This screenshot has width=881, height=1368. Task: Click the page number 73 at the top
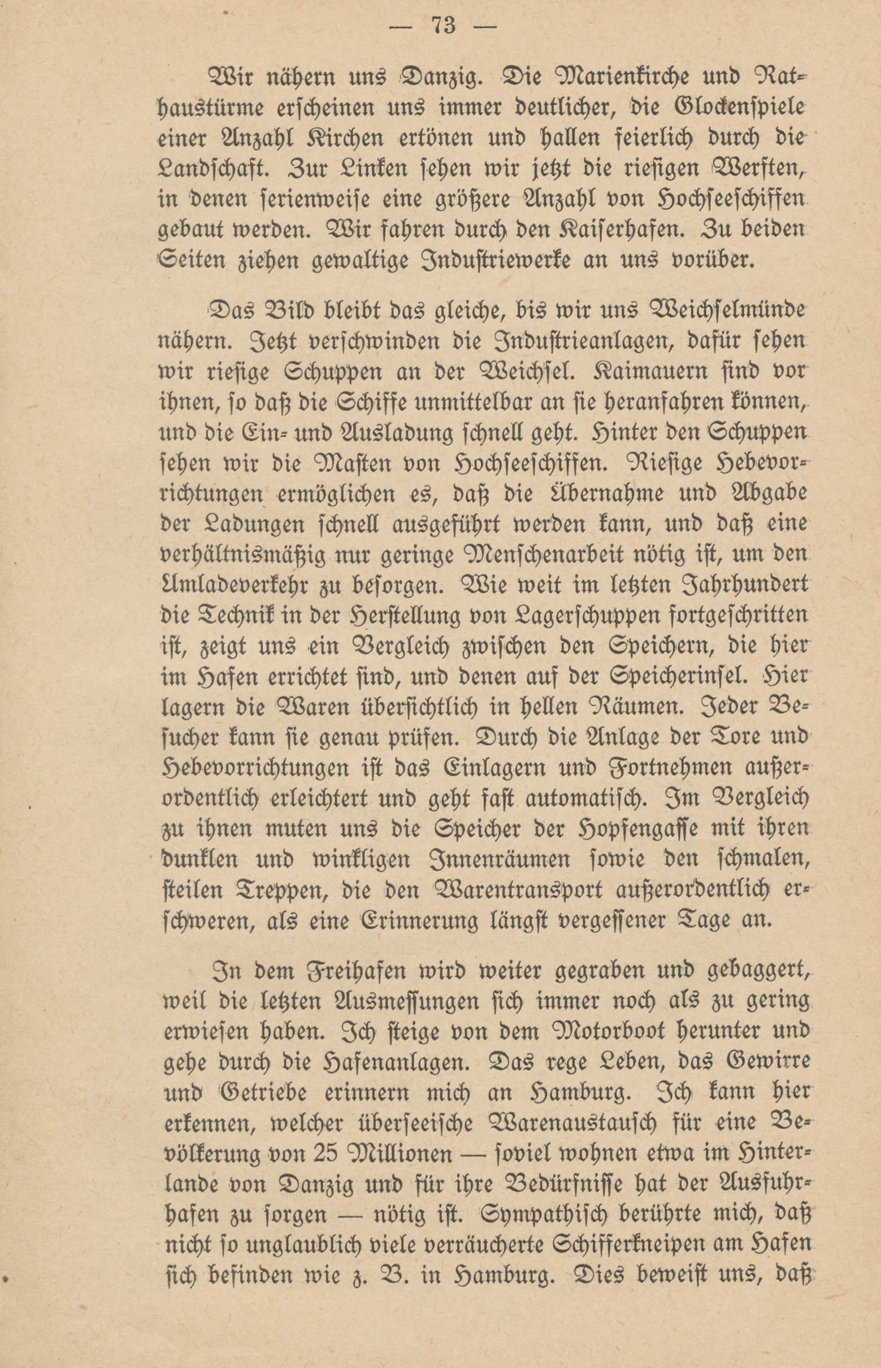(444, 27)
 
